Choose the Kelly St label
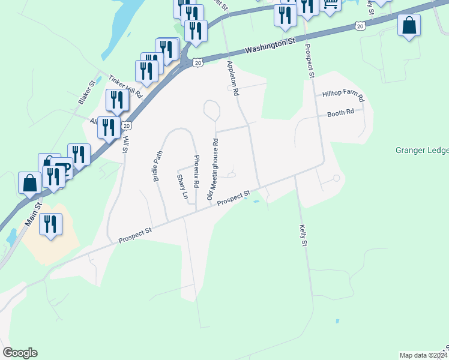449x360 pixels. [x=304, y=236]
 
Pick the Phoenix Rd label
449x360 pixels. [x=196, y=170]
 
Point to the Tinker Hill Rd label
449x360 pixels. [x=125, y=87]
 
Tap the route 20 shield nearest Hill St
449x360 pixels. [x=127, y=125]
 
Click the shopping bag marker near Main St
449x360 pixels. [x=29, y=183]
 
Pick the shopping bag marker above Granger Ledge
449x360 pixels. [x=409, y=26]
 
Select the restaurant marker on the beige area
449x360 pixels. [x=50, y=224]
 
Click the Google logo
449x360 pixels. [x=20, y=353]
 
